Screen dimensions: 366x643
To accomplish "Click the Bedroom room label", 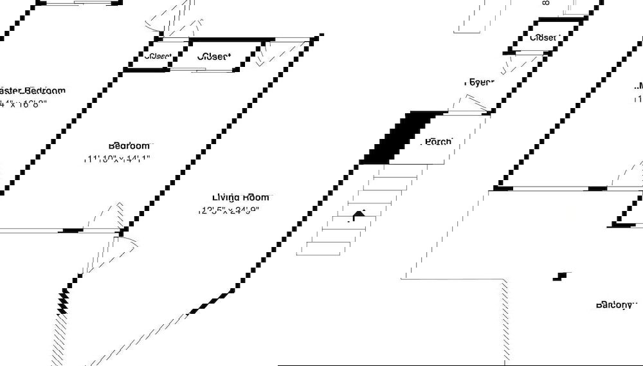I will [x=129, y=145].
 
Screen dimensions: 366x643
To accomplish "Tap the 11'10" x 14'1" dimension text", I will [x=117, y=158].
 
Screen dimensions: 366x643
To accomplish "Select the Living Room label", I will [x=241, y=197].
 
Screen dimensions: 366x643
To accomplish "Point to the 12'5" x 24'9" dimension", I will [x=229, y=210].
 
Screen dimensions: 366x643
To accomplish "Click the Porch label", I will [x=439, y=142].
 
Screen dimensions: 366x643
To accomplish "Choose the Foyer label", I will [x=479, y=82].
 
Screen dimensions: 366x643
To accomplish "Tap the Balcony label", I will [x=615, y=304].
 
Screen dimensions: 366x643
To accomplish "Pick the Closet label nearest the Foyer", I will [x=543, y=38].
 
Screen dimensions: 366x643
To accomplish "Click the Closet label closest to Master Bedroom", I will [x=158, y=57].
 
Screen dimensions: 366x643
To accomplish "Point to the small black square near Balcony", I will [x=563, y=276].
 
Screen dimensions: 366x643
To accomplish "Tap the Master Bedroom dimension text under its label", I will [x=24, y=104].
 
